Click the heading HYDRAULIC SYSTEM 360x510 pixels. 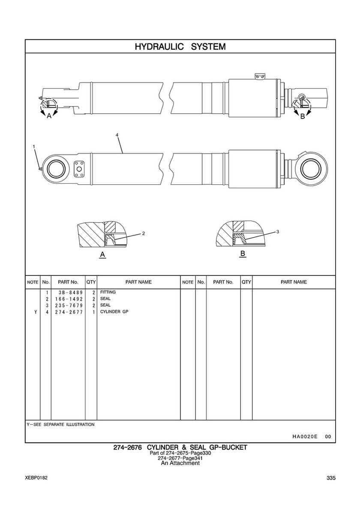[180, 46]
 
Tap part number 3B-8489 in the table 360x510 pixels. [68, 293]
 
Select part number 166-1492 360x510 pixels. [68, 299]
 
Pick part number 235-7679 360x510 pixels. [68, 305]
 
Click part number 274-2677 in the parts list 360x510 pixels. [68, 312]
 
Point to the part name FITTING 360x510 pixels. [108, 292]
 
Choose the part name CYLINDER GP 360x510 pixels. [114, 312]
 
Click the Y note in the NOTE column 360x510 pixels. [35, 312]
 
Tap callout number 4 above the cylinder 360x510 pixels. [117, 135]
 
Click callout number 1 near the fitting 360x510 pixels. [34, 147]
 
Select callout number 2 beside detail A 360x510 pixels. [144, 234]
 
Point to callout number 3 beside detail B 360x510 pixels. [278, 232]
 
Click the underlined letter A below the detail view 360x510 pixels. [102, 255]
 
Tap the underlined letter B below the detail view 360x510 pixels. [243, 254]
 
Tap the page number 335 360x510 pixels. [330, 478]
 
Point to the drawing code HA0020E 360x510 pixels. [305, 437]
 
